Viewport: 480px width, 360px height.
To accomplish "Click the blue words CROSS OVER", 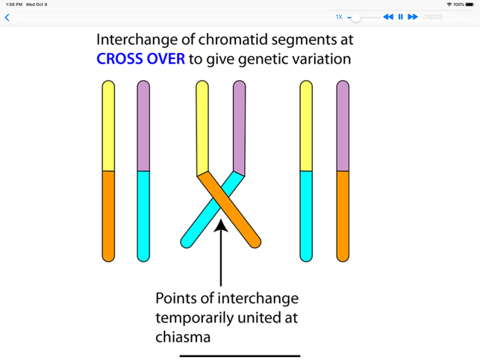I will pos(140,58).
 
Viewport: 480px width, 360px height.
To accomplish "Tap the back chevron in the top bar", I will pos(7,17).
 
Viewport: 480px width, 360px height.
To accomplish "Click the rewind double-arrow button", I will pos(387,17).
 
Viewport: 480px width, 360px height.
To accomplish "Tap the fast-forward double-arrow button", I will pos(413,17).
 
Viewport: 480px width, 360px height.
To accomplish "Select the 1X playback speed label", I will pos(339,17).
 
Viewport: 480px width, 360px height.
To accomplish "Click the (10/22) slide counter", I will pos(432,17).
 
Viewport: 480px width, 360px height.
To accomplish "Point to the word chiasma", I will pos(183,337).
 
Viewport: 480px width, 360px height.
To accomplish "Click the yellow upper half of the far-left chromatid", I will pos(108,127).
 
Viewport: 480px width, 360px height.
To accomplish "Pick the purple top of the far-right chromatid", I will pos(343,127).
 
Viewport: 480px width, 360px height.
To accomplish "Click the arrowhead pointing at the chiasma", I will pos(221,224).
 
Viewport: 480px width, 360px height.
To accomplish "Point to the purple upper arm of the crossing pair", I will pos(239,127).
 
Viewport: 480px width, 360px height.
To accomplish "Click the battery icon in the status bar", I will pos(469,4).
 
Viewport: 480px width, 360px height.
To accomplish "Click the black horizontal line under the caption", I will pos(240,356).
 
